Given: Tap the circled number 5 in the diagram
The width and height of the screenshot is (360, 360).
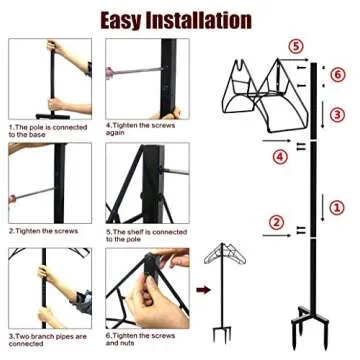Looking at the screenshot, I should pos(292,47).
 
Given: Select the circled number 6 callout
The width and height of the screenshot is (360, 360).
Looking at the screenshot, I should pos(337,75).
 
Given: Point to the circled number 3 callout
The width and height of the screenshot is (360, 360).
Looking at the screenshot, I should pos(337,114).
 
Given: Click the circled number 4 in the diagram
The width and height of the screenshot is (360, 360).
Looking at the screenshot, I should pos(279,156).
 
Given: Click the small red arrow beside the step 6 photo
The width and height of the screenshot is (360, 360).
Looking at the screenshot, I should pos(201,291).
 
